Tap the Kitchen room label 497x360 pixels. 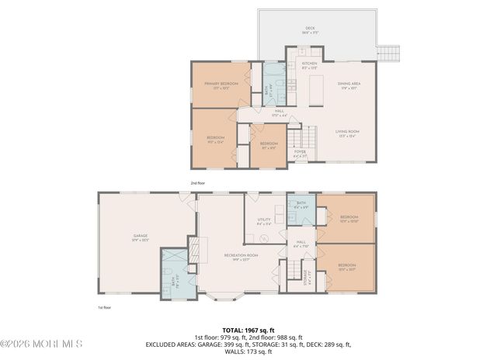(x=309, y=65)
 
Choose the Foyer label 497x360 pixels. (x=300, y=154)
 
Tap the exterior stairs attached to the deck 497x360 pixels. (x=388, y=53)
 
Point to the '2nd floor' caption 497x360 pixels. (x=198, y=183)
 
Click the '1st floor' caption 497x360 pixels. (x=105, y=307)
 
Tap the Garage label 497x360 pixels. (x=141, y=237)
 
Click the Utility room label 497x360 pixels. (x=265, y=221)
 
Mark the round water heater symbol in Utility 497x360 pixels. (x=263, y=238)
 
